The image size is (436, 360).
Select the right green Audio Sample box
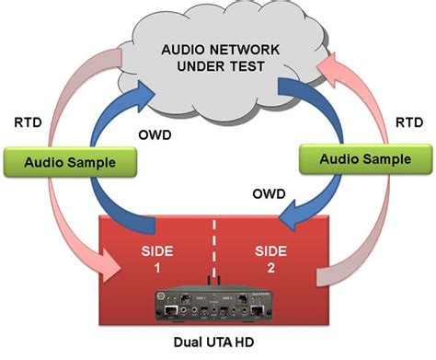[364, 158]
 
